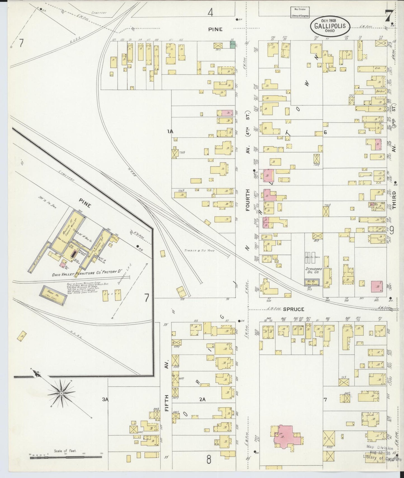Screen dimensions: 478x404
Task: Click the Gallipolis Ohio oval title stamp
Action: (x=330, y=26)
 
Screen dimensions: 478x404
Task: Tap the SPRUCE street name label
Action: (x=293, y=309)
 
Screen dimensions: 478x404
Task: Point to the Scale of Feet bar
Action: (x=65, y=457)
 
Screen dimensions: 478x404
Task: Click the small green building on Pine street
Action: (x=232, y=44)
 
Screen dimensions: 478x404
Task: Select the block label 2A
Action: (x=202, y=399)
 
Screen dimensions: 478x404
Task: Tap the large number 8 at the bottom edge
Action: (x=209, y=459)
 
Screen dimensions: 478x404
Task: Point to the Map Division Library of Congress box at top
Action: (x=300, y=13)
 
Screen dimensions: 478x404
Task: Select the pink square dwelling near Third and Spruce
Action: (x=377, y=286)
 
